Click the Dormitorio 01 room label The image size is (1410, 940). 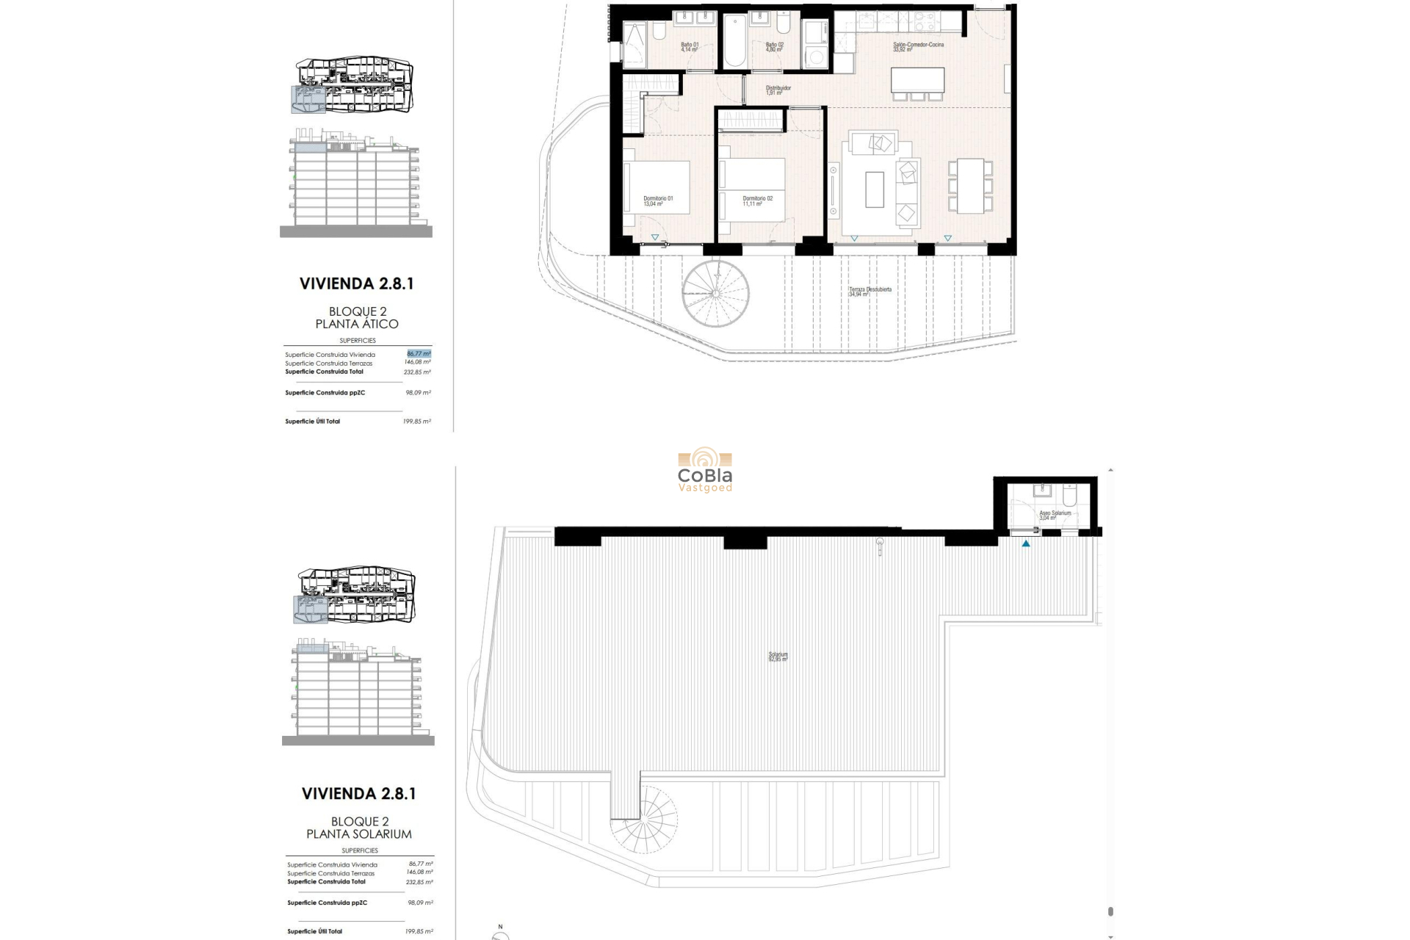click(657, 200)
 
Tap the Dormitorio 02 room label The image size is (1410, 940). click(757, 200)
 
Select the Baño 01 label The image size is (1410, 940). click(689, 47)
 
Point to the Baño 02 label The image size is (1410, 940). click(774, 47)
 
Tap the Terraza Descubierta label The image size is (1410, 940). click(869, 292)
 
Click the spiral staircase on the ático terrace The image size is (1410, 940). click(715, 292)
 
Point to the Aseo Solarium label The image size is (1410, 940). click(1055, 516)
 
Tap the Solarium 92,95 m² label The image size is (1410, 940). click(778, 657)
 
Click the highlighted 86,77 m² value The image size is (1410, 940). click(419, 354)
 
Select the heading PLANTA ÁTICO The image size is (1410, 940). click(357, 324)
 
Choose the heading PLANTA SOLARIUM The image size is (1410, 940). click(358, 834)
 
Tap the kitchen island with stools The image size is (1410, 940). click(917, 79)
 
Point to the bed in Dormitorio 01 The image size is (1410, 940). click(657, 187)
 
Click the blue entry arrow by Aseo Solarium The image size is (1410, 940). click(1026, 543)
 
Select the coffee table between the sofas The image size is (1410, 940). click(874, 189)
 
